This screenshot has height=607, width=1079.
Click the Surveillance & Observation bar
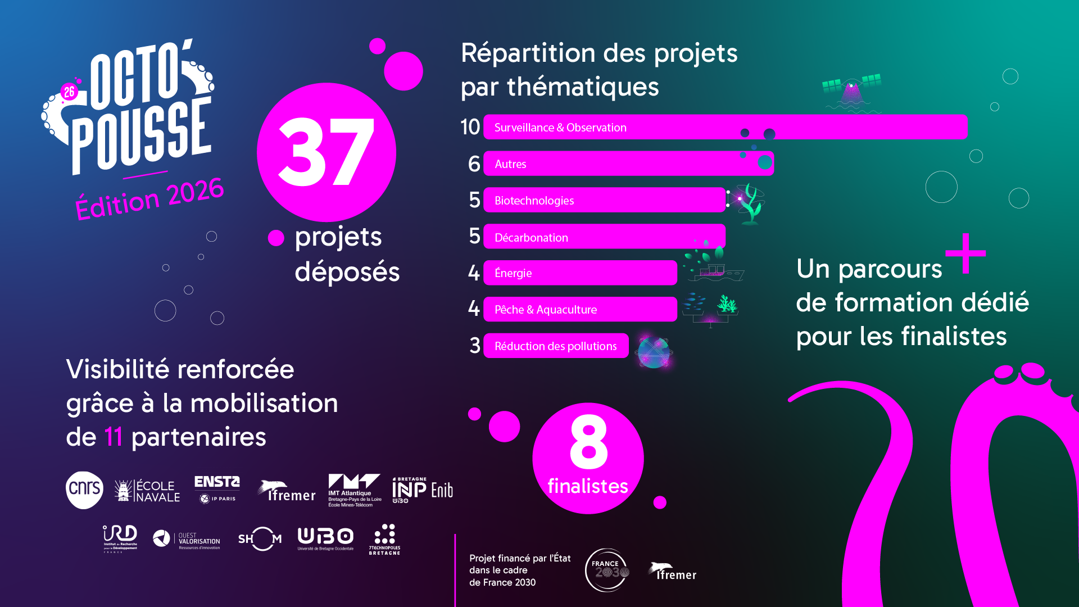tap(725, 127)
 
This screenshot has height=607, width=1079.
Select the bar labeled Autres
tap(628, 164)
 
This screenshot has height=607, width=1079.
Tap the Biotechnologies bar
tap(604, 200)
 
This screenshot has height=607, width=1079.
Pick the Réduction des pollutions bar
tap(556, 346)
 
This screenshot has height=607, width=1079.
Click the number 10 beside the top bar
tap(470, 127)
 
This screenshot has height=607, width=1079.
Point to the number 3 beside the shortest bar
tap(475, 346)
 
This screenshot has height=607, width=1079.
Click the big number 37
tap(326, 152)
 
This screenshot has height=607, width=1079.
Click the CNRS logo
tap(84, 490)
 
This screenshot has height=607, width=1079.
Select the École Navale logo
tap(147, 491)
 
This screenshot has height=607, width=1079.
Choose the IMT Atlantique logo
tap(355, 490)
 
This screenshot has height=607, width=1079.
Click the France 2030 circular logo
tap(607, 570)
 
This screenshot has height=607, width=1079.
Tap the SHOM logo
tap(260, 539)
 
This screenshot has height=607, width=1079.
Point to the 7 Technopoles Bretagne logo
tap(384, 540)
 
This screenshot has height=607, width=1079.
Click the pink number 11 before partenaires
tap(114, 437)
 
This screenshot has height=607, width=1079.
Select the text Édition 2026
tap(149, 198)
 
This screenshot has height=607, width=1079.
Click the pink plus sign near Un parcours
tap(965, 253)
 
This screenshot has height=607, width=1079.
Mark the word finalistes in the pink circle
tap(588, 486)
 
